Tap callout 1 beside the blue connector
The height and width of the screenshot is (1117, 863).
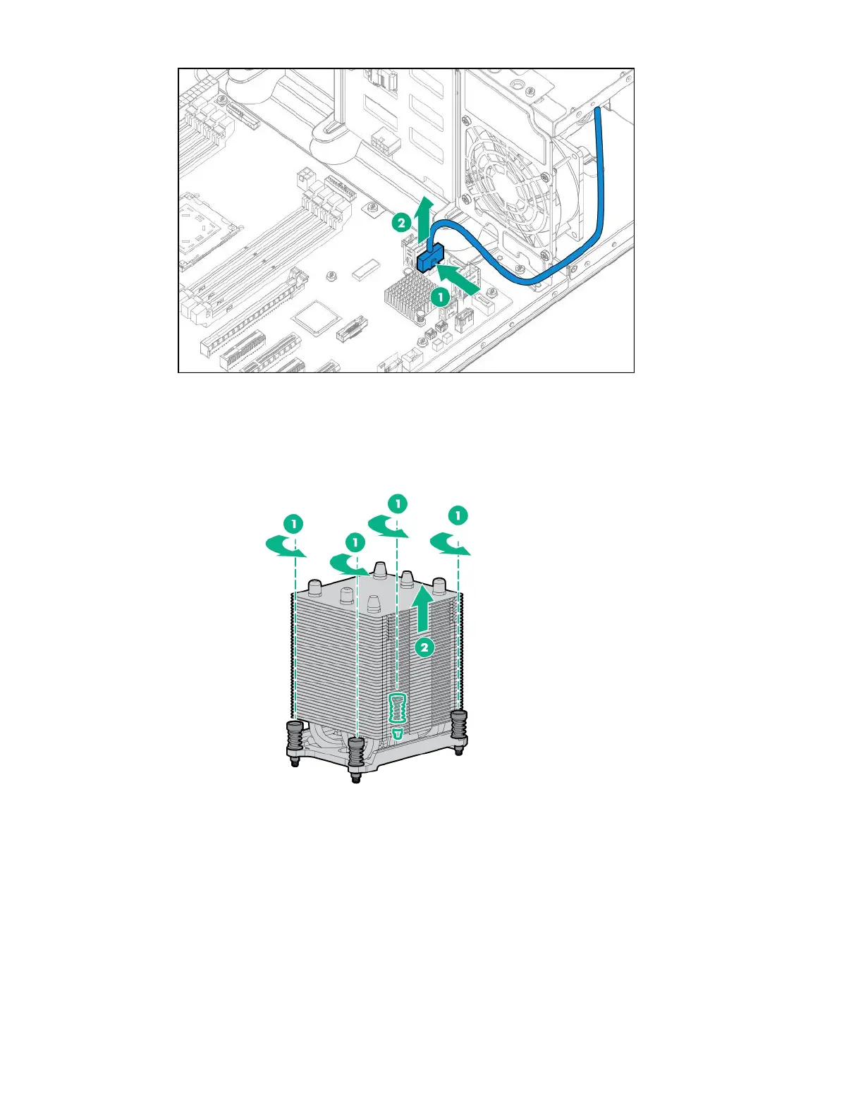click(441, 297)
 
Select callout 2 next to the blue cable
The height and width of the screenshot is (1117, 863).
click(400, 224)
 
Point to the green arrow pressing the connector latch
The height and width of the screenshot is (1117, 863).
click(460, 279)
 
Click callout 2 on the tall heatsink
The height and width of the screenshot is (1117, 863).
click(424, 647)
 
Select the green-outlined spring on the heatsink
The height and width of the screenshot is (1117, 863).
click(398, 708)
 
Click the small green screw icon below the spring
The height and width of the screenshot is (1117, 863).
click(398, 734)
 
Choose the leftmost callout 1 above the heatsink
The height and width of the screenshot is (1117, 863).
click(293, 523)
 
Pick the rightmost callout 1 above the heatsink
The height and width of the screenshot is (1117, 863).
click(458, 516)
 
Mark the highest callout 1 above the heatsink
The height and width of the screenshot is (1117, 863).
click(398, 503)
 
